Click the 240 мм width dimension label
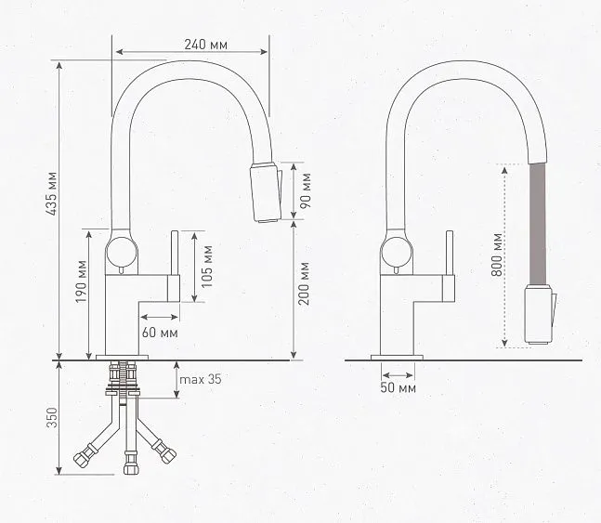206,44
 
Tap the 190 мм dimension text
81,293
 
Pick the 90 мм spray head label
307,191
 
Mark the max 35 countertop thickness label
202,379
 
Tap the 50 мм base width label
398,387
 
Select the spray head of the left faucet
264,192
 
